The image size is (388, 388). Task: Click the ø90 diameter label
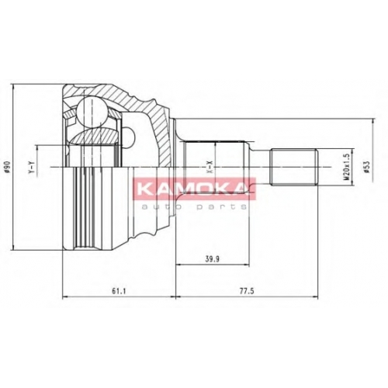click(x=7, y=167)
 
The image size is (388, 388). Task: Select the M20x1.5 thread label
click(x=347, y=167)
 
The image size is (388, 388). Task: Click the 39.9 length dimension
click(x=212, y=259)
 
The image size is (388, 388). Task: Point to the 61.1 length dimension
click(x=119, y=291)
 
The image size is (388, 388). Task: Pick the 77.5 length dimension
click(x=247, y=291)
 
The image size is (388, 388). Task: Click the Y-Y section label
click(x=32, y=167)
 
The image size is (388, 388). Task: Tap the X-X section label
click(x=210, y=167)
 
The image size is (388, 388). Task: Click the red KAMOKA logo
click(x=195, y=189)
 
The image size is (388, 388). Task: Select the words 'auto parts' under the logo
click(x=195, y=207)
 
